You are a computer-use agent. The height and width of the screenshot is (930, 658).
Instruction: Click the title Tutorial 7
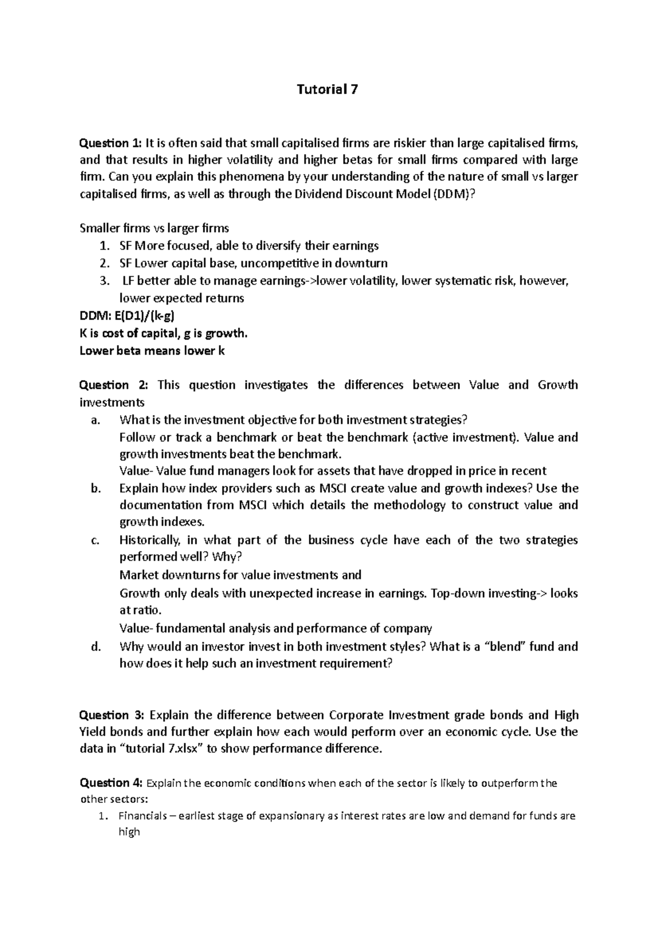point(327,90)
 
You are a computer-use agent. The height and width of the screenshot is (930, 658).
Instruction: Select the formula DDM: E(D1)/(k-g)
point(128,316)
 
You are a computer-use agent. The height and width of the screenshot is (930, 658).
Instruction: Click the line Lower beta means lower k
point(152,351)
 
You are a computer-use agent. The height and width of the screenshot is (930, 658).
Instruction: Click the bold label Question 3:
point(112,715)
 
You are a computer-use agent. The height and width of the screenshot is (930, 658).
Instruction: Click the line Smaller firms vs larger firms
point(154,228)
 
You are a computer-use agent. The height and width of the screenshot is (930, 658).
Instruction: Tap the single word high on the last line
point(129,833)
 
